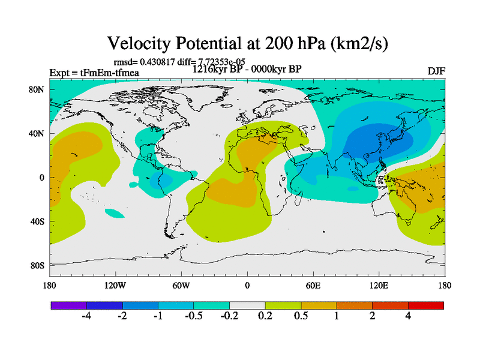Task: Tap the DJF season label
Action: [436, 71]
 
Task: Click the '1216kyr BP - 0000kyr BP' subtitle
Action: [247, 68]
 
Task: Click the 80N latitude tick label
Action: [39, 90]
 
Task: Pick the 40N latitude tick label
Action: [39, 134]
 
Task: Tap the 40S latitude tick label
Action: [39, 221]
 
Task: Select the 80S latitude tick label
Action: [39, 265]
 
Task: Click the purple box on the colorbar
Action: [68, 305]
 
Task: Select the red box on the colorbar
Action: [425, 305]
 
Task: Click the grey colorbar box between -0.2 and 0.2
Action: [247, 305]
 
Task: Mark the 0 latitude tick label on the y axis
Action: [43, 178]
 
